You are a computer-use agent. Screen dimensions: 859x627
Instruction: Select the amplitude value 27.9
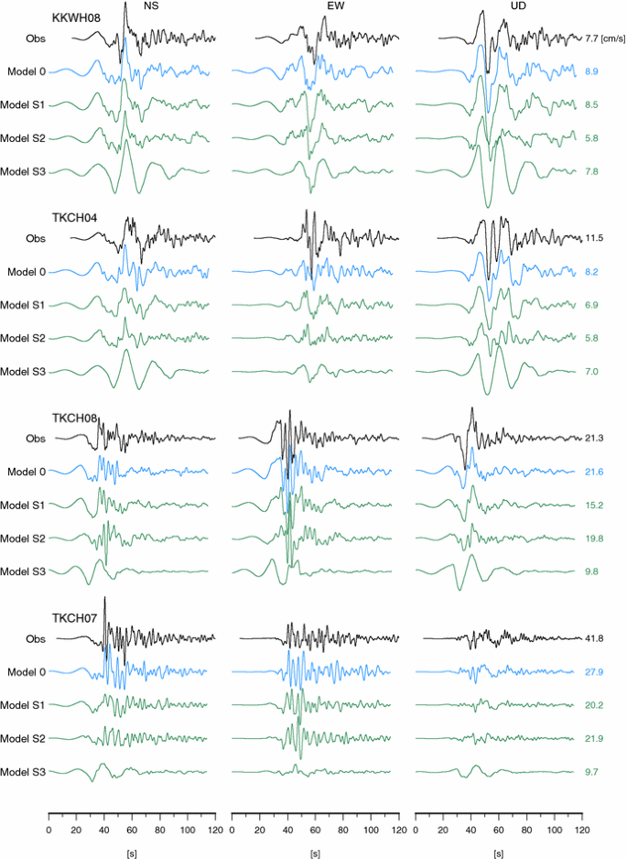(594, 672)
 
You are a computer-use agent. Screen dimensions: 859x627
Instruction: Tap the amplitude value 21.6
(594, 472)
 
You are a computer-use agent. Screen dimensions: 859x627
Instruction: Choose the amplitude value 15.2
(594, 505)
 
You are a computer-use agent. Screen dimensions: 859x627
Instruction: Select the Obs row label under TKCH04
(35, 238)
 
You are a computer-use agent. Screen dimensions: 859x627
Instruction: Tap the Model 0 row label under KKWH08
(26, 71)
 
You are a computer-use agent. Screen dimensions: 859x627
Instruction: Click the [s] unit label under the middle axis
(315, 851)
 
